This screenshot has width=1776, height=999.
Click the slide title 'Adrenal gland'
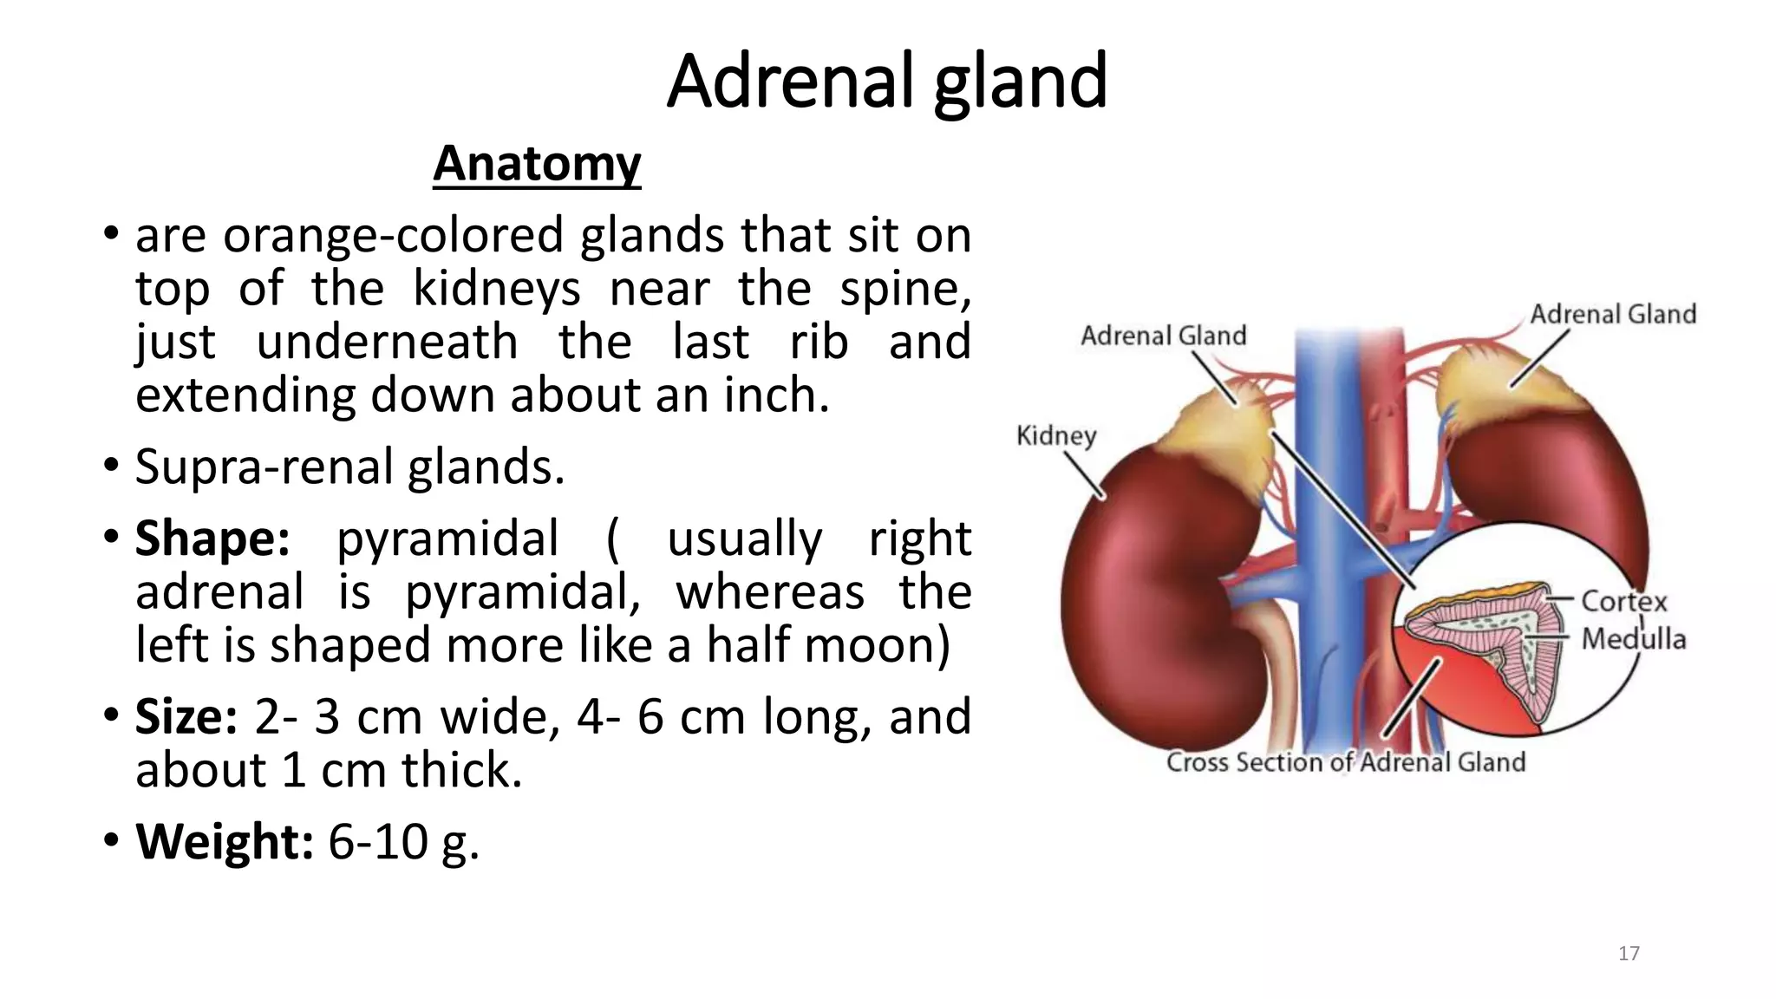pos(886,82)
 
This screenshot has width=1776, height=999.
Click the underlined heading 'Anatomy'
pos(537,163)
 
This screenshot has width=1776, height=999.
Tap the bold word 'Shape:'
pos(212,539)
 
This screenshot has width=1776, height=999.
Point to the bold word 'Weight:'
pos(224,841)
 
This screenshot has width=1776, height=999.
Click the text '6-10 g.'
pos(403,841)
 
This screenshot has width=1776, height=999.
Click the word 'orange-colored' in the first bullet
pos(393,235)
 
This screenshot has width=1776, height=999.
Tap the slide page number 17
pos(1629,953)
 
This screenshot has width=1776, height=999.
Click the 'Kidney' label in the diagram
pos(1055,434)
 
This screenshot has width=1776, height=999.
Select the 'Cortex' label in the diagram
pos(1623,601)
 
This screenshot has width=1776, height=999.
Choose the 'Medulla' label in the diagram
pos(1633,639)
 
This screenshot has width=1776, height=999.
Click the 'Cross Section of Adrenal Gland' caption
pos(1345,761)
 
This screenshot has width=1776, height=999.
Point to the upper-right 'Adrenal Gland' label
pos(1612,314)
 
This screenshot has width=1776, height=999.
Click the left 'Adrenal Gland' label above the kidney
pos(1163,336)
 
